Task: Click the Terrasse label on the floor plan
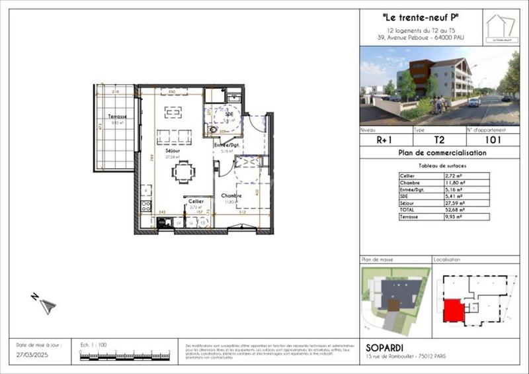click(x=118, y=117)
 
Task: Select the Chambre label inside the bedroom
click(x=231, y=196)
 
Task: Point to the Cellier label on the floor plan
click(x=196, y=201)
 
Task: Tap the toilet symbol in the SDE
click(x=214, y=130)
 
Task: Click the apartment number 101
click(x=493, y=140)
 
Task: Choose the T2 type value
click(x=438, y=140)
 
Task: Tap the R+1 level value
click(x=386, y=140)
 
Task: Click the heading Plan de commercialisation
click(x=442, y=153)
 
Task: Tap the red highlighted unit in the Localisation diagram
click(x=452, y=310)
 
